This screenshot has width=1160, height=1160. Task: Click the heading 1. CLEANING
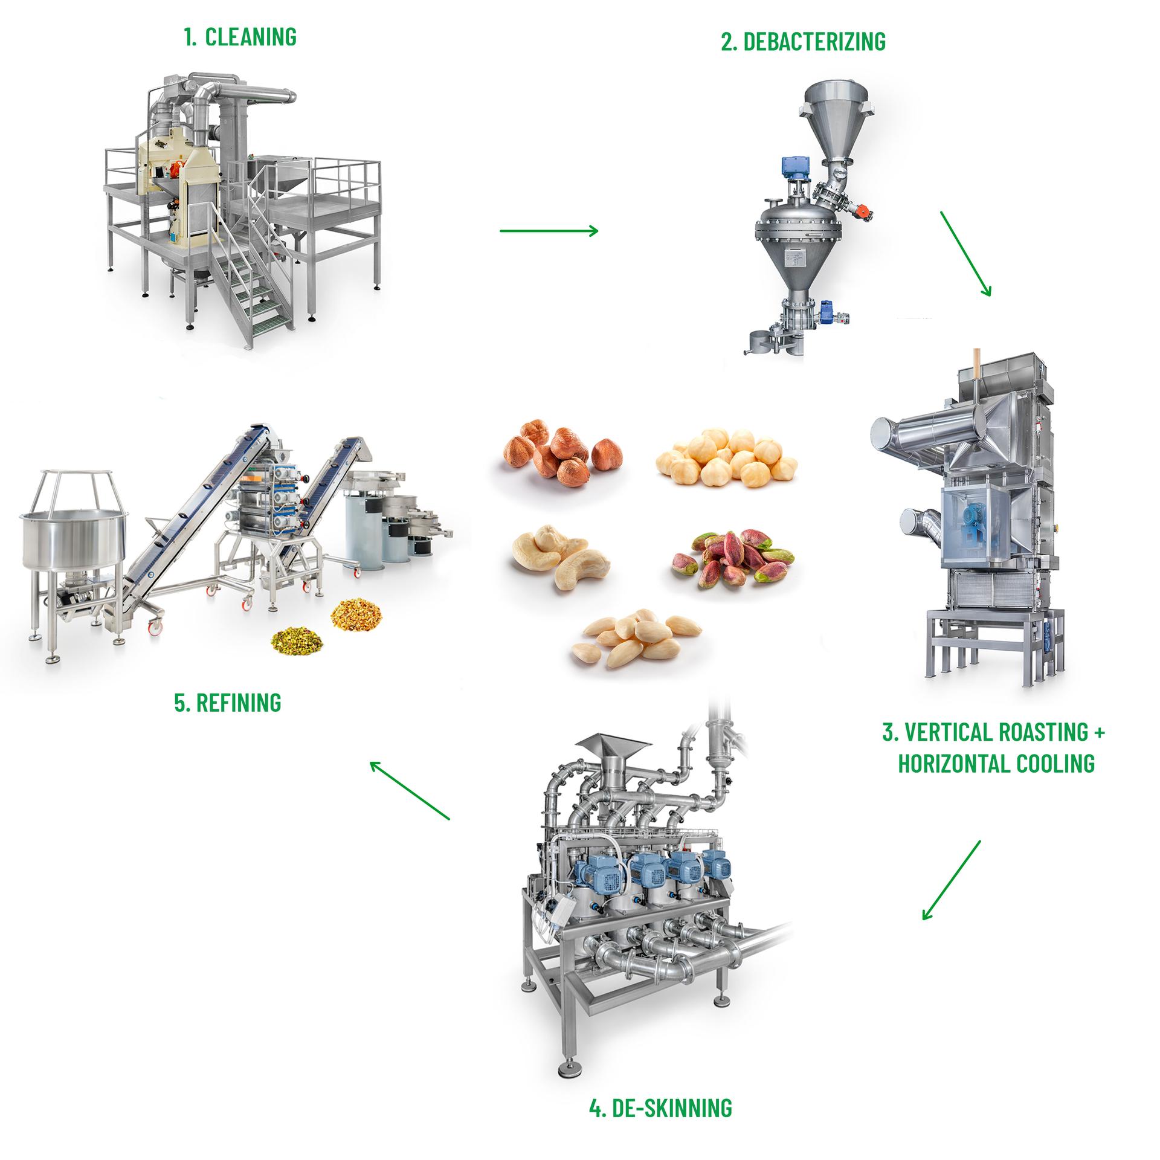pyautogui.click(x=240, y=37)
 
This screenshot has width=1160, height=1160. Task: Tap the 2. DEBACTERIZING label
pyautogui.click(x=804, y=42)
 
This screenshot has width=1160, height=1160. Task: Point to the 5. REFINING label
pyautogui.click(x=228, y=702)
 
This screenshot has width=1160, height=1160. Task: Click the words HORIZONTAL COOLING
pyautogui.click(x=996, y=763)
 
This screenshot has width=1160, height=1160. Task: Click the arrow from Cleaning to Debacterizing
pyautogui.click(x=549, y=230)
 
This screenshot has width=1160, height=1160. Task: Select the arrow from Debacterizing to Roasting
pyautogui.click(x=965, y=253)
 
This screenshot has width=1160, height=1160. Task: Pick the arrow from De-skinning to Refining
pyautogui.click(x=410, y=790)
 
